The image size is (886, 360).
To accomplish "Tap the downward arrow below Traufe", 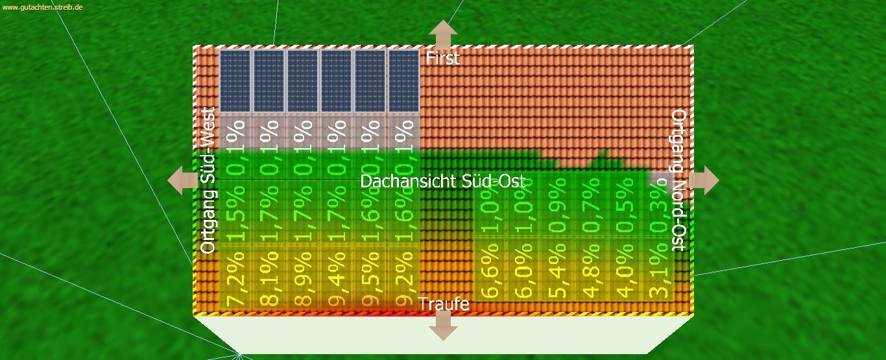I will coord(443,325).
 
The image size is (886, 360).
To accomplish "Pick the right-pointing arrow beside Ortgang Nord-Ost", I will coord(704,180).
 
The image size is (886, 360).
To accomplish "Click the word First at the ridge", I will coord(442,58).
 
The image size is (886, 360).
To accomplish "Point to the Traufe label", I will coord(444,304).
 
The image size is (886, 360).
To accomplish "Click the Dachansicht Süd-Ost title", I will coord(442,182).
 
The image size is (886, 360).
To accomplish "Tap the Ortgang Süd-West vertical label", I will coord(208,180).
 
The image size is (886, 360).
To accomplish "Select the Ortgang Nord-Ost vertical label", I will coord(678,180).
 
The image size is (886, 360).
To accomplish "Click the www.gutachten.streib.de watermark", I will coord(42,6).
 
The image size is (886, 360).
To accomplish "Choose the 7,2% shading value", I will coord(235,275).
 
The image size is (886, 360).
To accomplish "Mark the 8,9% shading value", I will coord(302,275).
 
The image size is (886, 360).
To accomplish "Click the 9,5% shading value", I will coord(370,275).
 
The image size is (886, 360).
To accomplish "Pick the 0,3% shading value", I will coord(659,208).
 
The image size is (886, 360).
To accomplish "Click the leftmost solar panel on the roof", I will coord(235,81).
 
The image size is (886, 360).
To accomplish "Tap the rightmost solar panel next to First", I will coord(403,81).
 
